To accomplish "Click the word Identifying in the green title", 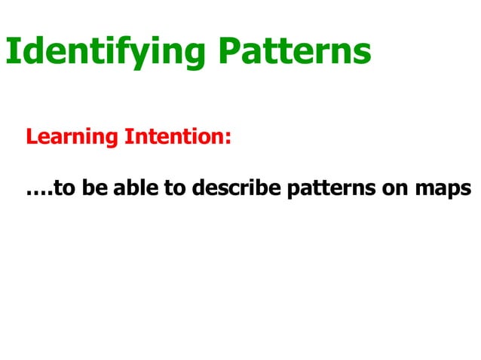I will click(106, 51).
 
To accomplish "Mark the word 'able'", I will click(135, 188).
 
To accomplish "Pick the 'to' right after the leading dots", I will click(64, 189).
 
